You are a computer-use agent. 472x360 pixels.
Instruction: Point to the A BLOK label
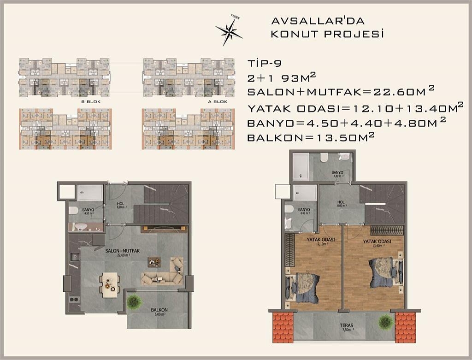(x=216, y=101)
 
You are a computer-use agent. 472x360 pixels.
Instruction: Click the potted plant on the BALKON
(x=134, y=301)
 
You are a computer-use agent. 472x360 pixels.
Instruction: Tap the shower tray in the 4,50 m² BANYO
(x=90, y=193)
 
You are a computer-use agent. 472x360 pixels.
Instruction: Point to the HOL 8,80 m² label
(x=341, y=204)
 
